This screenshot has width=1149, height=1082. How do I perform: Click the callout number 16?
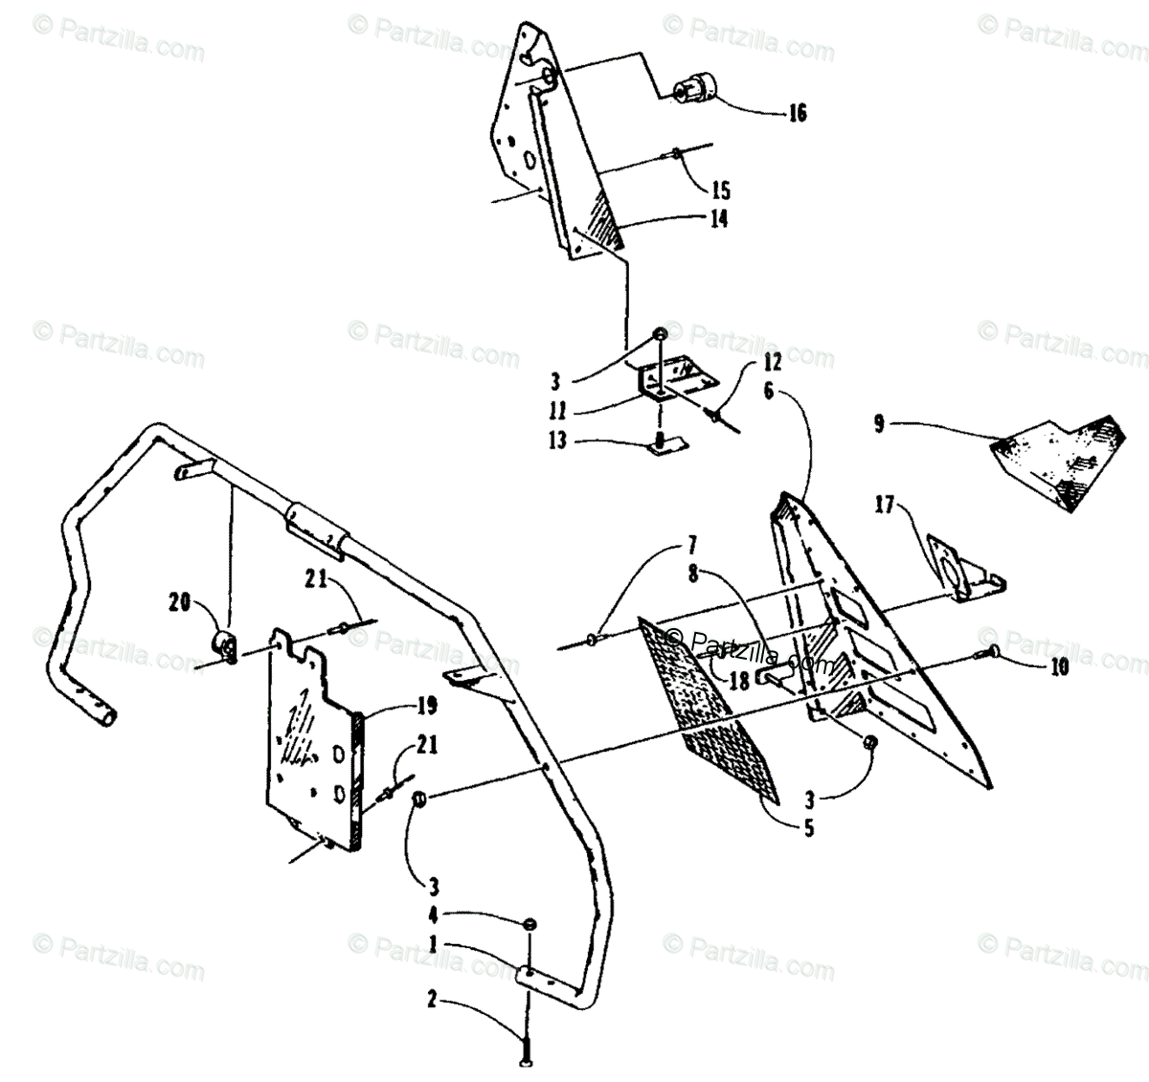point(797,114)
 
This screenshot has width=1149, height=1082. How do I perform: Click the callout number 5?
point(809,827)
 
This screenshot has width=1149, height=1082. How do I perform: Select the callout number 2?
point(432,1000)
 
